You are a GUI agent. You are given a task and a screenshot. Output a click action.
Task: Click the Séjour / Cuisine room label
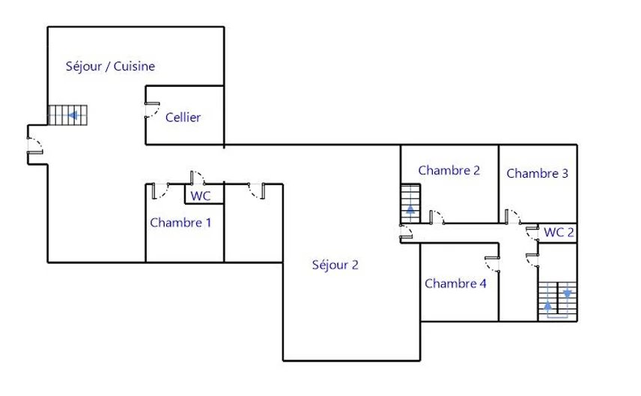pos(110,66)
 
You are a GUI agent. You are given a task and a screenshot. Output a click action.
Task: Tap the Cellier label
pos(183,118)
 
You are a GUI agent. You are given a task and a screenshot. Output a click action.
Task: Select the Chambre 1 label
pos(180,223)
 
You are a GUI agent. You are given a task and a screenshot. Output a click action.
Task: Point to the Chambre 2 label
pos(449,170)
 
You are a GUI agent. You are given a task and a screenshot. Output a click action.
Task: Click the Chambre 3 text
pos(537,174)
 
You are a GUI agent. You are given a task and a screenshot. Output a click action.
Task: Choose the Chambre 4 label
pos(455,283)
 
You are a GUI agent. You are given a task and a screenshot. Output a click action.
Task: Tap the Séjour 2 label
pos(335,265)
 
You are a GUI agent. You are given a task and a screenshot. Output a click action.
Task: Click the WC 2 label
pos(559,232)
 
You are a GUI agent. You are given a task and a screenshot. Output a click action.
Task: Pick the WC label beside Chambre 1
pos(201,196)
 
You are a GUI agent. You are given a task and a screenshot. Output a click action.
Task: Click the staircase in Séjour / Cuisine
pos(68,115)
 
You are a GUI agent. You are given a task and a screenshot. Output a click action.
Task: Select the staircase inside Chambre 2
pos(410,204)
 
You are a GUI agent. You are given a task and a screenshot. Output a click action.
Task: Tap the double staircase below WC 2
pos(558,301)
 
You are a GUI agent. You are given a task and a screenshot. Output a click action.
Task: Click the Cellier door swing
pos(152,110)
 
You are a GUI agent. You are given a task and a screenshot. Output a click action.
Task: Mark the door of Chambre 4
pos(492,265)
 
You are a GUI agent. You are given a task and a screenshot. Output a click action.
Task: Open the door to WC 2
pos(532,232)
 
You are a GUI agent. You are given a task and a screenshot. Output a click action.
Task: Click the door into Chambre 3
pos(513,217)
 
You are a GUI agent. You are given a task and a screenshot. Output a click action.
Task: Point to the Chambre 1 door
pos(161,191)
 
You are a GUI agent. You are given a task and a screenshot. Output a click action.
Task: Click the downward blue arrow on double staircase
pos(568,293)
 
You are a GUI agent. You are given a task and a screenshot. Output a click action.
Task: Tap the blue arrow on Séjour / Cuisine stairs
pos(73,115)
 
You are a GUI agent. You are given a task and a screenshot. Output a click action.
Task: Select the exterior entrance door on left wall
pos(35,145)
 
